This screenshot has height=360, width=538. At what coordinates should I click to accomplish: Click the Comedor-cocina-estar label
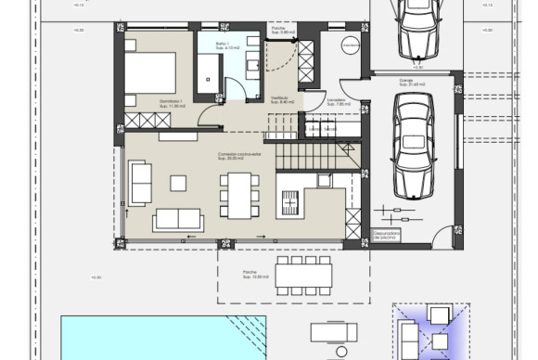239,156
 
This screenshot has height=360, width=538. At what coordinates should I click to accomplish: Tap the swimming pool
162,338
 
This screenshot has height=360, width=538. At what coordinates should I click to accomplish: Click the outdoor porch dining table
301,272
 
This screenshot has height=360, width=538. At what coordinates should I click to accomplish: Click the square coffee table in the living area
181,182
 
